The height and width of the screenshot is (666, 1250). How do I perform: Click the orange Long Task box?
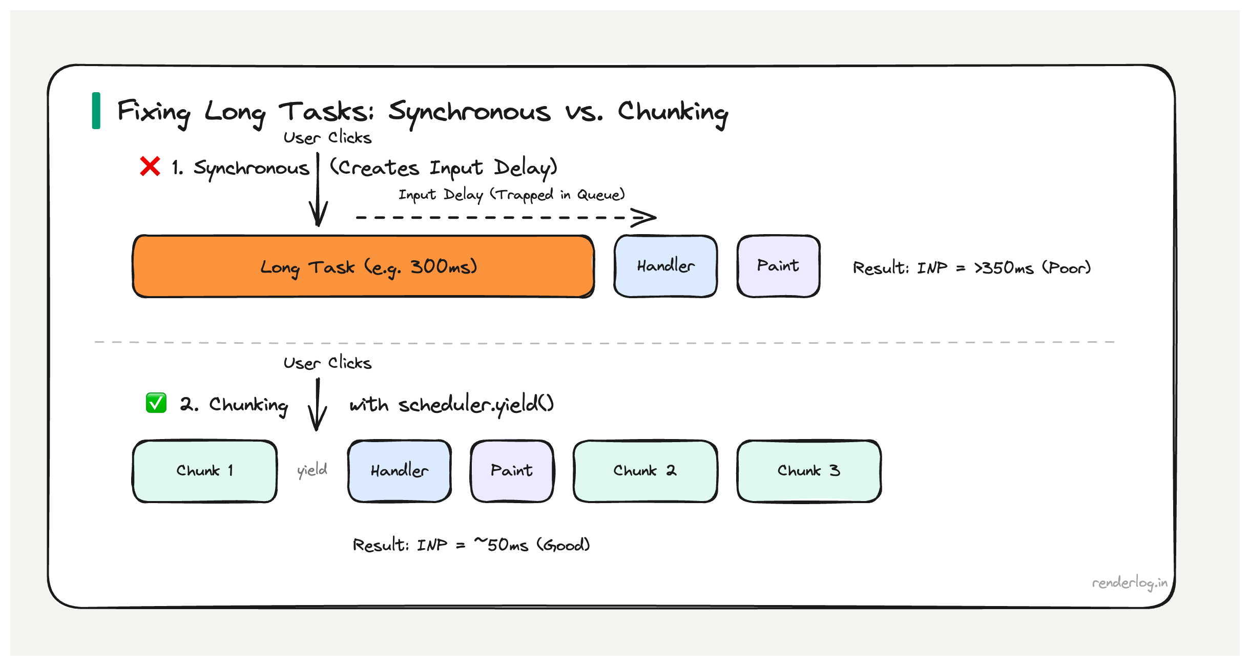[363, 266]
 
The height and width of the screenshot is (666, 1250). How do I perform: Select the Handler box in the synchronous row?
[665, 266]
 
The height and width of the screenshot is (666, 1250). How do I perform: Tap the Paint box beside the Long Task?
[778, 266]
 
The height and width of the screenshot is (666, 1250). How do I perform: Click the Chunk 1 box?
[204, 471]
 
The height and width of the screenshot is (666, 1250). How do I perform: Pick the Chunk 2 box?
[644, 471]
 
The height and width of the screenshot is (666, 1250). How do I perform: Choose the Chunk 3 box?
[808, 471]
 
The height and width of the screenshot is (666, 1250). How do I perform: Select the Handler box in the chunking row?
[399, 471]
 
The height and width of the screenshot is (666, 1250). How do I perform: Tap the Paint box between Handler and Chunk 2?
[512, 471]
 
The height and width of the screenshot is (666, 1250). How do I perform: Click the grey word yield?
[312, 470]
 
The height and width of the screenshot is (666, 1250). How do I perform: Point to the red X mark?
[150, 167]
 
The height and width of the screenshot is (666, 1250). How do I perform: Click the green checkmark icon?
[156, 403]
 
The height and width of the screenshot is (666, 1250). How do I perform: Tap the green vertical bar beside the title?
[96, 111]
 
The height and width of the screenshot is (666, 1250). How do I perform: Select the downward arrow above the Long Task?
[318, 195]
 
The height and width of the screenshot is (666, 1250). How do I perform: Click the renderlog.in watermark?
[1129, 583]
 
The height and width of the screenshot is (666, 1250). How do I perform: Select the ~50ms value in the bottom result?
[501, 545]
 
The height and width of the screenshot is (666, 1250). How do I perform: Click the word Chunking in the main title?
[673, 112]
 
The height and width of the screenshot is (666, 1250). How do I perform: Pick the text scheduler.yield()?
[476, 405]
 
